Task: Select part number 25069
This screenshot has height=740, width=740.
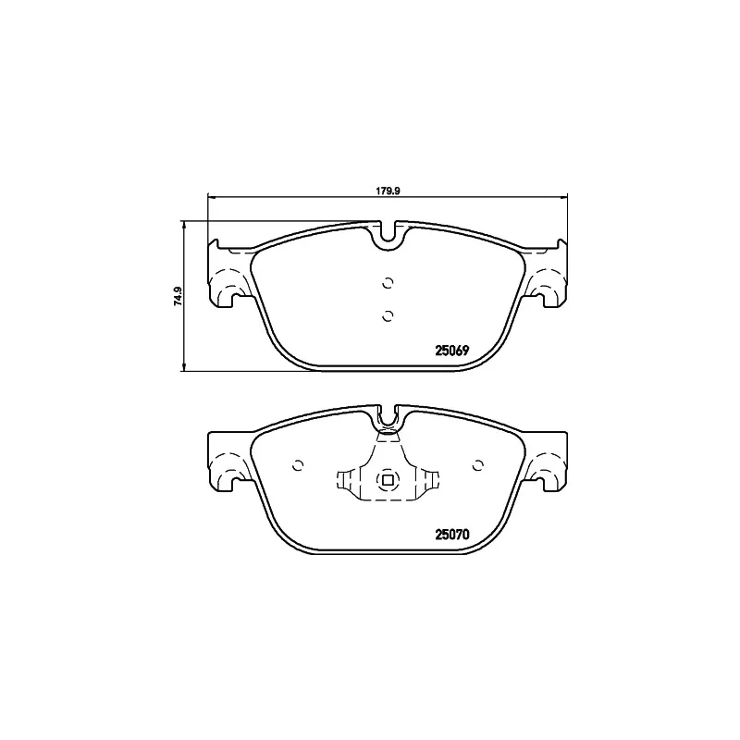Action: coord(453,351)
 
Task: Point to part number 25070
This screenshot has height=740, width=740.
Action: coord(453,534)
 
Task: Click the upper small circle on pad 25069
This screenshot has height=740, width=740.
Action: coord(388,283)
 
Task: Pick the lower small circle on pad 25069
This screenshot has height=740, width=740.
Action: coord(388,316)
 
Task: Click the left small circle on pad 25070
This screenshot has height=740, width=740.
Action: coord(298,465)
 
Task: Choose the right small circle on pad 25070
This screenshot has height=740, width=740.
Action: coord(478,465)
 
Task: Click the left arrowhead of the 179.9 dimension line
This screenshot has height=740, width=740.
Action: coord(210,196)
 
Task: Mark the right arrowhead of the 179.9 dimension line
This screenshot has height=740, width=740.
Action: coord(563,196)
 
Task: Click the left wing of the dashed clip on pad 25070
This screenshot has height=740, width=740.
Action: coord(347,480)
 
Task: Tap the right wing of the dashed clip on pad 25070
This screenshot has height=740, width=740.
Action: coord(430,480)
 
